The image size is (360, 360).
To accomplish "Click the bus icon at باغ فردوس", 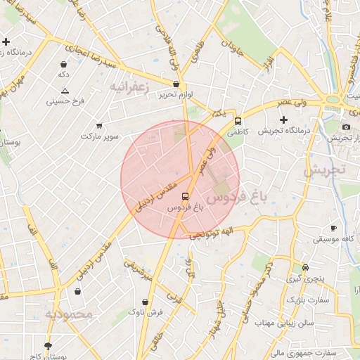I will (185, 196).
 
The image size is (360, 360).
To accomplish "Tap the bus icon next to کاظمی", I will (238, 120).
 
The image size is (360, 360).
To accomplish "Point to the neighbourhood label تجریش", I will (325, 170).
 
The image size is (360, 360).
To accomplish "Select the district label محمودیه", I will (68, 314).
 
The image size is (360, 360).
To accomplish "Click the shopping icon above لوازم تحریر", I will (176, 84).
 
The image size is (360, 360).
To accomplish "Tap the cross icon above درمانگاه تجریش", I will (283, 120).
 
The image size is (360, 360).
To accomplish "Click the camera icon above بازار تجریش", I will (346, 127).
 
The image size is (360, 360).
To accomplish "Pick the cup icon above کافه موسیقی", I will (333, 229).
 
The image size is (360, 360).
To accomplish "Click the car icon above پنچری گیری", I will (305, 268).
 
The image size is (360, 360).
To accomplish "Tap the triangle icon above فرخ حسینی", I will (65, 91).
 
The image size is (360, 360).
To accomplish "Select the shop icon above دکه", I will (63, 64).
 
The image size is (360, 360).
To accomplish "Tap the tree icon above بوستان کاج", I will (48, 346).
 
